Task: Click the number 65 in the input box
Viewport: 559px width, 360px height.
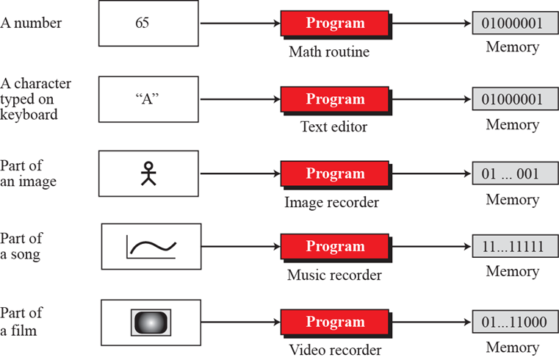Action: point(142,23)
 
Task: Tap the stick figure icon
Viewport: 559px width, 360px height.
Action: point(149,173)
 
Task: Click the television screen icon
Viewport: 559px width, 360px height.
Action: point(150,322)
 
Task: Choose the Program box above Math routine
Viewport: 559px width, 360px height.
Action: point(335,23)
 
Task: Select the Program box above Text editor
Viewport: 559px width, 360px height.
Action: point(335,99)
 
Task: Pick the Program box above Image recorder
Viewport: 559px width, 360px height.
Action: point(335,174)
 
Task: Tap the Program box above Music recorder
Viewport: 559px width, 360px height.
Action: point(335,246)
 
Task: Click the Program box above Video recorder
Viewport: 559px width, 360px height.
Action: point(335,322)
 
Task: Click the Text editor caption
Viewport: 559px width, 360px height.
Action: point(333,126)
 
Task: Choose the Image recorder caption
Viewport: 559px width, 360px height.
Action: point(331,202)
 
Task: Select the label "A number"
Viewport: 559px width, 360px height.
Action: point(32,23)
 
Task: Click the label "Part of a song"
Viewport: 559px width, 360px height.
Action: point(21,246)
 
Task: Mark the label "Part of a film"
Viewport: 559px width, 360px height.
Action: point(21,321)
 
